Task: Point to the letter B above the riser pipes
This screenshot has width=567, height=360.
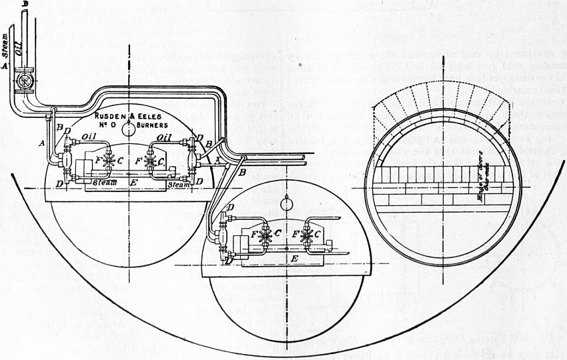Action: coord(25,5)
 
